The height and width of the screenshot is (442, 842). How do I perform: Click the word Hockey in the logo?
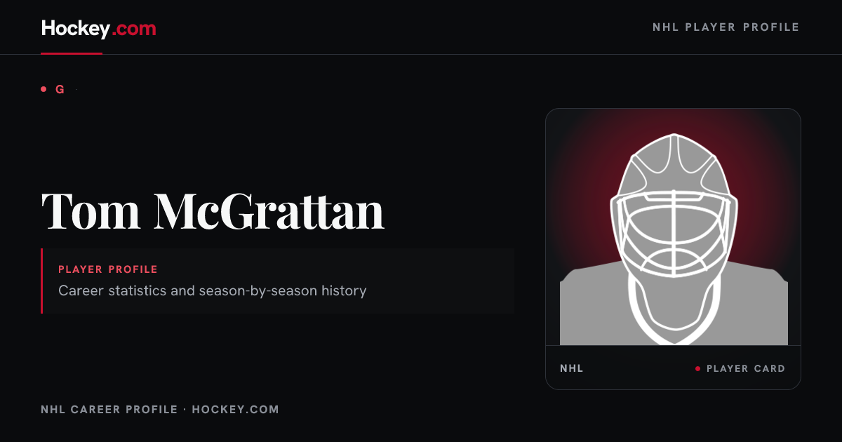tap(76, 29)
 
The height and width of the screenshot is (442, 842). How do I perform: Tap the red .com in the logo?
tap(134, 29)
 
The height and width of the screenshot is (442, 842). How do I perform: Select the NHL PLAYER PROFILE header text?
tap(726, 27)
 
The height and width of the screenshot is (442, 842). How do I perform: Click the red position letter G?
tap(60, 90)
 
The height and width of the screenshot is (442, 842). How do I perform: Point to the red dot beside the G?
tap(44, 89)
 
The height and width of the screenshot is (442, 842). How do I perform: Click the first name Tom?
tap(91, 211)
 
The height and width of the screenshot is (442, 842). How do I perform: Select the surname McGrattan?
tap(269, 211)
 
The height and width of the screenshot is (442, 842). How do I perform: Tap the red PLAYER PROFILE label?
tap(108, 269)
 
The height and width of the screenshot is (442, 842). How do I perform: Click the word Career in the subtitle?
tap(81, 290)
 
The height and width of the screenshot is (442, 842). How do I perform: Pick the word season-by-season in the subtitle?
tap(258, 291)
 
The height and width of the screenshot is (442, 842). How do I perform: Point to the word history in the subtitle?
tap(344, 291)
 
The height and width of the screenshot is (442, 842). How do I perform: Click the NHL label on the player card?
tap(571, 368)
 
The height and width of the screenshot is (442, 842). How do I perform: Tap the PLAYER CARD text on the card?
tap(746, 368)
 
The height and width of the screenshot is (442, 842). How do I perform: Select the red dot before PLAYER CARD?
tap(697, 369)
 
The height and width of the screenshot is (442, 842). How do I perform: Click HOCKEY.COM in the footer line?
tap(235, 409)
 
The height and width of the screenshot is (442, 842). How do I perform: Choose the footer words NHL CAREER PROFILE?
tap(109, 409)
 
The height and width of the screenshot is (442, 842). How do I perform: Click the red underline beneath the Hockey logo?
tap(72, 53)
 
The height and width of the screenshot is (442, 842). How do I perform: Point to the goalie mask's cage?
tap(674, 234)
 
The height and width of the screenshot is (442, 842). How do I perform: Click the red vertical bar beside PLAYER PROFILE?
tap(41, 281)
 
